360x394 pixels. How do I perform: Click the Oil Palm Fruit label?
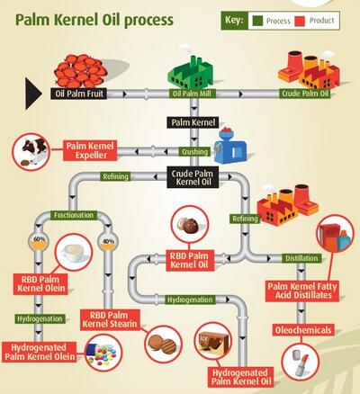tap(78, 94)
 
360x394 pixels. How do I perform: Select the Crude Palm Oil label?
tap(305, 94)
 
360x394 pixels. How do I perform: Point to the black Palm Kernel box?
tap(193, 122)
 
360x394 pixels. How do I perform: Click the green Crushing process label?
tap(194, 152)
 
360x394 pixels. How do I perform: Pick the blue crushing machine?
tap(230, 146)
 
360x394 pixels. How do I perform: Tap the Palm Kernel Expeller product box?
tap(90, 150)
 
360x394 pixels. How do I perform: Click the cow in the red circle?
tap(33, 149)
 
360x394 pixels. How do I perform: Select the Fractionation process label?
tap(74, 215)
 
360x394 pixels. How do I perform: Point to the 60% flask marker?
tap(40, 242)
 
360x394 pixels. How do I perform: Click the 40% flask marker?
tap(108, 242)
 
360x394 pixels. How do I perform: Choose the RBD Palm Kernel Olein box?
tap(40, 283)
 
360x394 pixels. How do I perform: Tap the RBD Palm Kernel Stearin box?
tap(110, 319)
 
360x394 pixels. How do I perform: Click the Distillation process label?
tap(301, 258)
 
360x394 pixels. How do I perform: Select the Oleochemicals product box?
tap(303, 330)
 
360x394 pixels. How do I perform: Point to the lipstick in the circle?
tap(301, 365)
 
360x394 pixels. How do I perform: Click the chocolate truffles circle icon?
tap(189, 224)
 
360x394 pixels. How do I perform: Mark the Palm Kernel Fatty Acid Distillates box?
tap(302, 291)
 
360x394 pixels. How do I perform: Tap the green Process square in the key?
tap(257, 21)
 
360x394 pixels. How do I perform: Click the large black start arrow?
tap(32, 94)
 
